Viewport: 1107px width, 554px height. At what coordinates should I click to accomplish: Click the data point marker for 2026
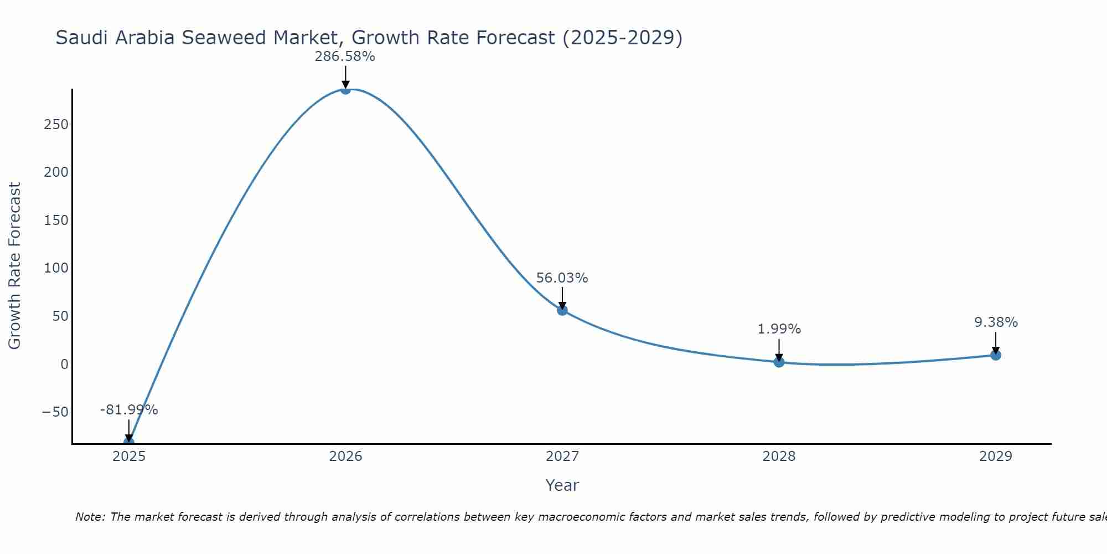345,89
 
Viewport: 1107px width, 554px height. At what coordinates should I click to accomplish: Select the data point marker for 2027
562,310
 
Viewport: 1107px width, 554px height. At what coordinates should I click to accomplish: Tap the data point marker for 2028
779,362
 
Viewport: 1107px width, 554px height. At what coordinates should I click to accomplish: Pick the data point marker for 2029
996,355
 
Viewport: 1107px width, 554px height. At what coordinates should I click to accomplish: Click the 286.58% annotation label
345,57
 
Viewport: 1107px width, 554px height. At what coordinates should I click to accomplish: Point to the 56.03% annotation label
562,278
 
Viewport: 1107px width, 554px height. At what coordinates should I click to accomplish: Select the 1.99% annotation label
779,329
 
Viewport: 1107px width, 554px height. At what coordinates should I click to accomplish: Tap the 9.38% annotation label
996,322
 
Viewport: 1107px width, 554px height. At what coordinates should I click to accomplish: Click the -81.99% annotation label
129,410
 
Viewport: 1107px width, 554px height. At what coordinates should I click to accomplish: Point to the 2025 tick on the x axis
129,456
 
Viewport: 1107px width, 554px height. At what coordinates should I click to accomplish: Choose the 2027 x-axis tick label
562,456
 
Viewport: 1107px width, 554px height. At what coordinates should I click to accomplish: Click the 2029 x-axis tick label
996,456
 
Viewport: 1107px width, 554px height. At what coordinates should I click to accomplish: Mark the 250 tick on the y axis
56,124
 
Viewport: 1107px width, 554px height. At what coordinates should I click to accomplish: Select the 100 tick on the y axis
56,268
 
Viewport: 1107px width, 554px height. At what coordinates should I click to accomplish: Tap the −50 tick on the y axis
55,412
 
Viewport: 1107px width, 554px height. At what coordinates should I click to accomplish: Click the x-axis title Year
562,485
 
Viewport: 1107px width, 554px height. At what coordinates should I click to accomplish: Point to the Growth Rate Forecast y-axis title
14,266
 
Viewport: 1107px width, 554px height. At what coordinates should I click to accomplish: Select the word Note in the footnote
89,517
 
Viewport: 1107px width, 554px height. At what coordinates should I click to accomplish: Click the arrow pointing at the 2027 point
562,297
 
